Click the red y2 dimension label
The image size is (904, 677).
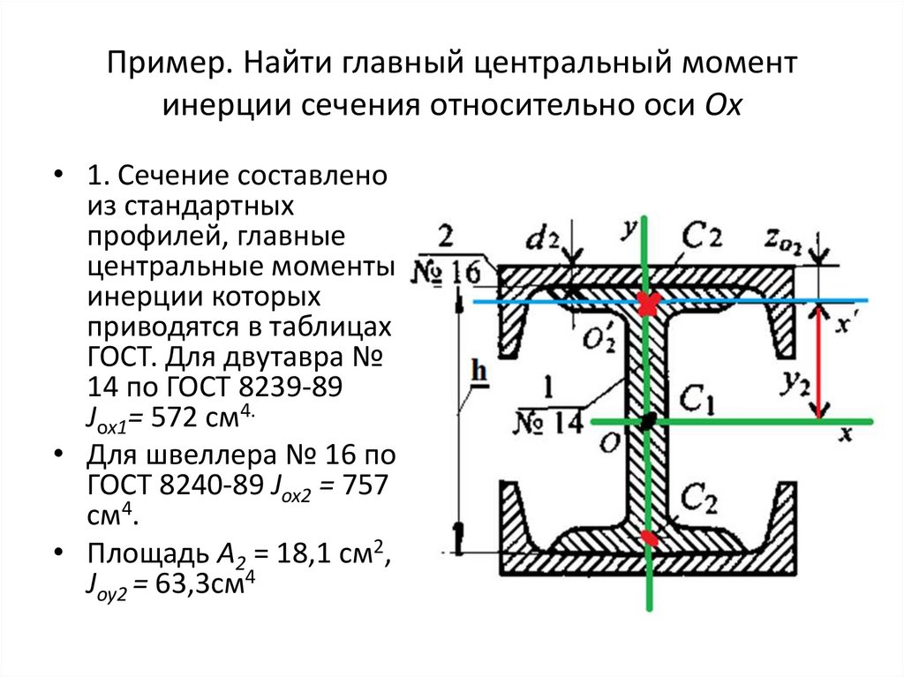[795, 382]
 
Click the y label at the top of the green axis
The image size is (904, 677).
[629, 229]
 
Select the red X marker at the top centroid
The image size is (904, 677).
[650, 303]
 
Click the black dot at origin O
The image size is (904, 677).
[648, 423]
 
